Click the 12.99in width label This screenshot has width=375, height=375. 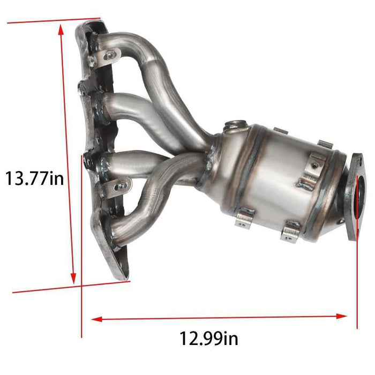coord(209,339)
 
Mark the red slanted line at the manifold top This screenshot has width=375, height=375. coord(54,22)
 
